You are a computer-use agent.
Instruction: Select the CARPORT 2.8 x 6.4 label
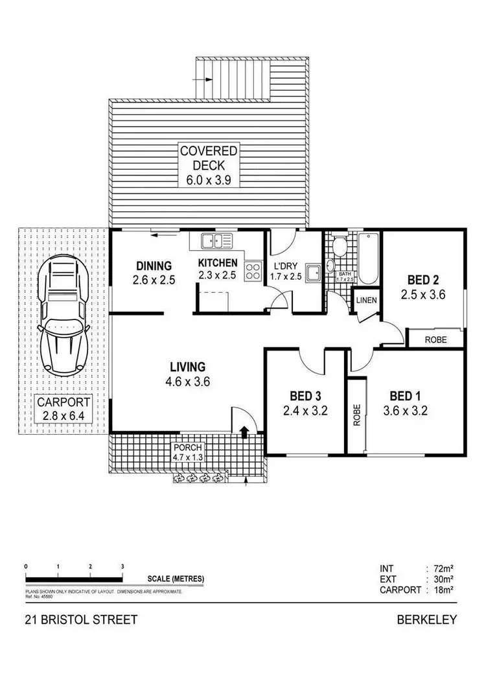[64, 410]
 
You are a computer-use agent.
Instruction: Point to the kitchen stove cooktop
[252, 271]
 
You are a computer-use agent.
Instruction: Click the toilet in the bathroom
[338, 246]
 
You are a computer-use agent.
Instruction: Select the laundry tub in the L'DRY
[314, 272]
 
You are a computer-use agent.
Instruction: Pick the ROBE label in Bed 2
[434, 339]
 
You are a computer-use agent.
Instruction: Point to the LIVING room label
[187, 367]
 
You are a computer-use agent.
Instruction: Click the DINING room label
[154, 265]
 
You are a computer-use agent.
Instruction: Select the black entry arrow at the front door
[244, 431]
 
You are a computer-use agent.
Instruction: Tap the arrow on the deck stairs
[204, 80]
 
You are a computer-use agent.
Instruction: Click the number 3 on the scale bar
[122, 566]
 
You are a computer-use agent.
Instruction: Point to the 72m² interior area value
[443, 568]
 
